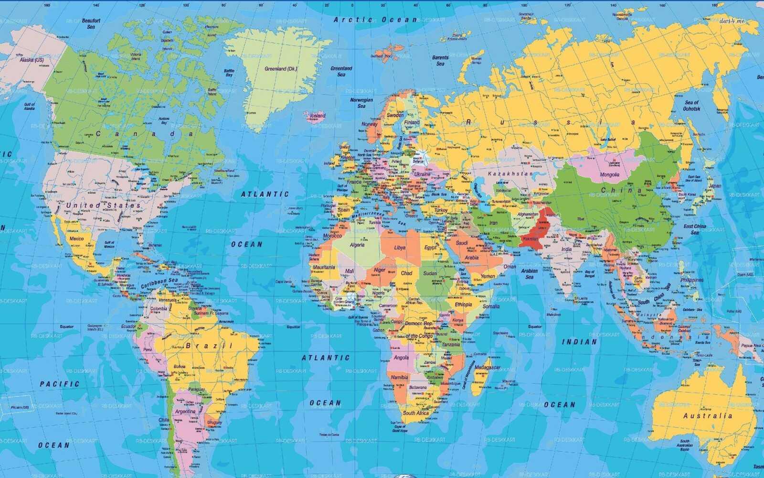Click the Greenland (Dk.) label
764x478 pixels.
[x=281, y=69]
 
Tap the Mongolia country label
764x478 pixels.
[x=610, y=175]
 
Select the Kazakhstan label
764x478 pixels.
[x=510, y=174]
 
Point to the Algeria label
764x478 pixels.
[x=357, y=245]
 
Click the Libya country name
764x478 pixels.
[x=400, y=248]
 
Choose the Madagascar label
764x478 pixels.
[x=487, y=368]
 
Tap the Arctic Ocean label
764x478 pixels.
[x=375, y=20]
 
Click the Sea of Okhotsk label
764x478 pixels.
[x=691, y=106]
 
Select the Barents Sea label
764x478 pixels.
[x=440, y=61]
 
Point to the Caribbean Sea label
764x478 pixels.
[x=159, y=283]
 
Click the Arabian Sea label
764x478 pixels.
[x=529, y=274]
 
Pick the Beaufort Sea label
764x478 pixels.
[x=91, y=24]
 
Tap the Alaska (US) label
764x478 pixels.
[x=32, y=60]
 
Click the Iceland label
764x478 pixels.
[x=318, y=116]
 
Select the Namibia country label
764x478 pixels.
[x=399, y=378]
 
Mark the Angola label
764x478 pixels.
[x=401, y=358]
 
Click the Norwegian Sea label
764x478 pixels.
[x=361, y=103]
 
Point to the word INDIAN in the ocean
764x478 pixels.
[x=579, y=342]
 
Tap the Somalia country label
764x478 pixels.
[x=491, y=306]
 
